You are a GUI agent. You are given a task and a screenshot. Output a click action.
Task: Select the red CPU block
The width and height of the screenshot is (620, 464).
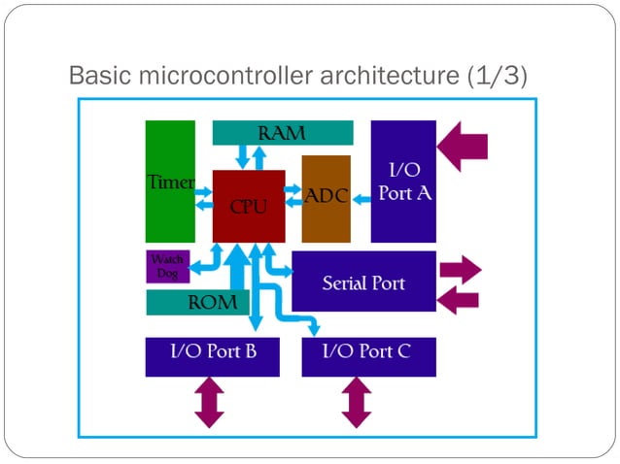(x=249, y=206)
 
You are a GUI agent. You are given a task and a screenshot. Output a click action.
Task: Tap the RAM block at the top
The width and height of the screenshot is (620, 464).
(x=282, y=133)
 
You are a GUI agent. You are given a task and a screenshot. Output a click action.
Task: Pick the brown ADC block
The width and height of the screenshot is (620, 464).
(x=326, y=198)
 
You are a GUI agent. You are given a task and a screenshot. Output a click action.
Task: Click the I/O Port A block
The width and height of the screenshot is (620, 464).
(x=403, y=181)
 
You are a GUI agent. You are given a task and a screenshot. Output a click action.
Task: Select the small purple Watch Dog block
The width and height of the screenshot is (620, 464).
(x=166, y=266)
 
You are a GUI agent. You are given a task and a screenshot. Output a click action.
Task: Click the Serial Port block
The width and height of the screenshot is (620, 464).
(x=363, y=282)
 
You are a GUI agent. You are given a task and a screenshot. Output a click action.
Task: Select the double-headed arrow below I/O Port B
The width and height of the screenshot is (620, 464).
(x=210, y=402)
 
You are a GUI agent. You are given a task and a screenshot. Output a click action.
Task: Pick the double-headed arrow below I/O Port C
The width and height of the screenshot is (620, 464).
(x=357, y=402)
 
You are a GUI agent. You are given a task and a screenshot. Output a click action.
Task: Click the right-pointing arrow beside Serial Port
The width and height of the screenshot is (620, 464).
(x=460, y=268)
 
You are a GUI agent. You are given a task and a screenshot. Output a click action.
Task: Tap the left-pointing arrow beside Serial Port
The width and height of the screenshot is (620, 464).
(x=459, y=300)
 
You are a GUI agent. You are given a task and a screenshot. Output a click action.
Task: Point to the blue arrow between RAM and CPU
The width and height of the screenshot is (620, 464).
(x=259, y=156)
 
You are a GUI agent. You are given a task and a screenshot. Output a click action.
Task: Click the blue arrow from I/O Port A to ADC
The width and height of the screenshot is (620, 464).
(x=362, y=200)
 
